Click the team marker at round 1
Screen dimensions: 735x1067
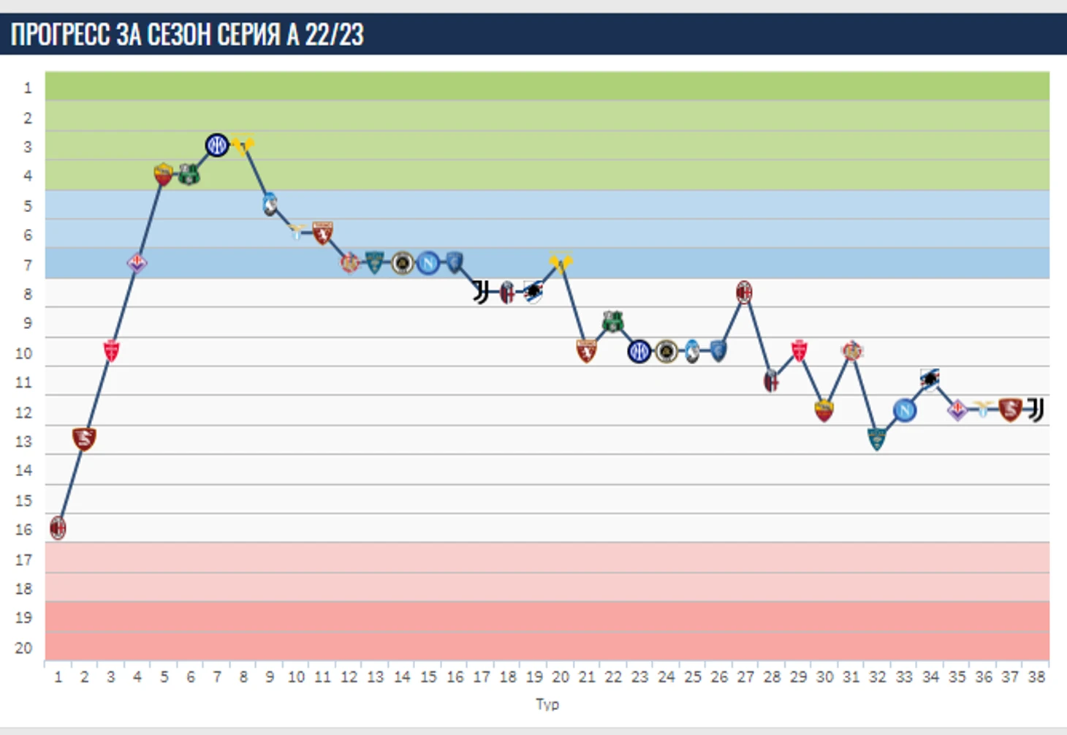coord(58,527)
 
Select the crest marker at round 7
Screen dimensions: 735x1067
coord(216,145)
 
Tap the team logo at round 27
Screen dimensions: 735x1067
coord(744,293)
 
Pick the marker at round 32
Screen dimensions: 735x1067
coord(877,439)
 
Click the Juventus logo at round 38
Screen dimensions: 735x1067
coord(1036,410)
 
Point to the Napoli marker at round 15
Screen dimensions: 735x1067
coord(428,263)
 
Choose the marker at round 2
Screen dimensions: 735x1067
coord(84,439)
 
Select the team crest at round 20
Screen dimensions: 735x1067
coord(561,262)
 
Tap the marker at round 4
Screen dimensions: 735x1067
coord(137,263)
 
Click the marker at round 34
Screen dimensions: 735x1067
coord(930,379)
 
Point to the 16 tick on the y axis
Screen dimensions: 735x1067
coord(23,529)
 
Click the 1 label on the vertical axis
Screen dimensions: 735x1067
coord(28,88)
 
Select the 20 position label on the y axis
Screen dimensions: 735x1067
coord(23,648)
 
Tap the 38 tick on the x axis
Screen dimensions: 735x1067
coord(1036,677)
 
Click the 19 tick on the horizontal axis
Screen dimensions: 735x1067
coord(534,677)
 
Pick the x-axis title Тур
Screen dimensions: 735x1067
coord(547,704)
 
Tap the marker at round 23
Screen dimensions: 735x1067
coord(639,352)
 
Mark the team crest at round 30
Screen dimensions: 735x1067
coord(824,410)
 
